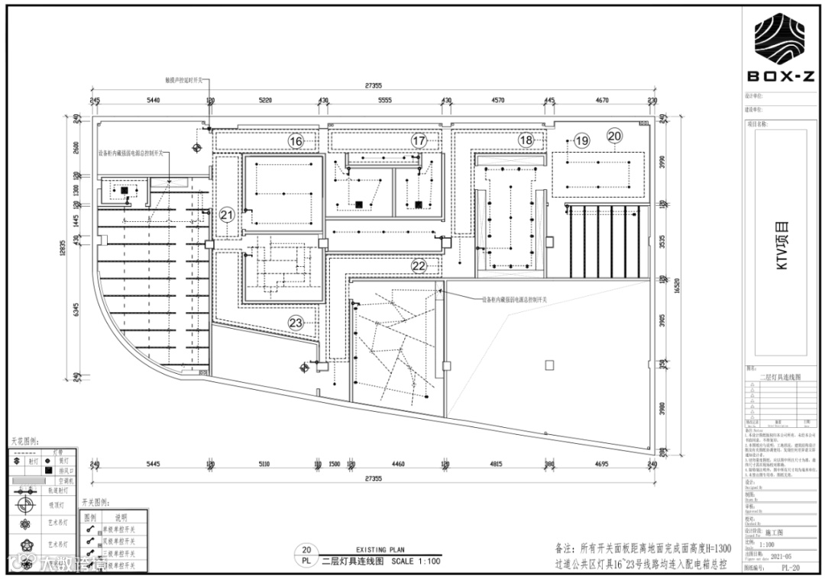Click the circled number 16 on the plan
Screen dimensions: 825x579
point(296,141)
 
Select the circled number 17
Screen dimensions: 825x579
point(419,141)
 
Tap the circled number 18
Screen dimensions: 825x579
point(526,140)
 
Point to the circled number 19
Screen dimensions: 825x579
point(582,140)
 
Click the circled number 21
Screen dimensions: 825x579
point(227,215)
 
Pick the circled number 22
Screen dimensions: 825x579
point(419,265)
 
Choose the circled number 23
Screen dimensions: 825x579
point(296,322)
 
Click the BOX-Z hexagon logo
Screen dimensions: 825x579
point(781,40)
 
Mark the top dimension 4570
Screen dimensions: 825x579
point(497,100)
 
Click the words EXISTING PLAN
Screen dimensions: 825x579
point(380,549)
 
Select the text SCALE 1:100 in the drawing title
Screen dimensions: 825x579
point(416,561)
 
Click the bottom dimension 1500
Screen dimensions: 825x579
point(334,464)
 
